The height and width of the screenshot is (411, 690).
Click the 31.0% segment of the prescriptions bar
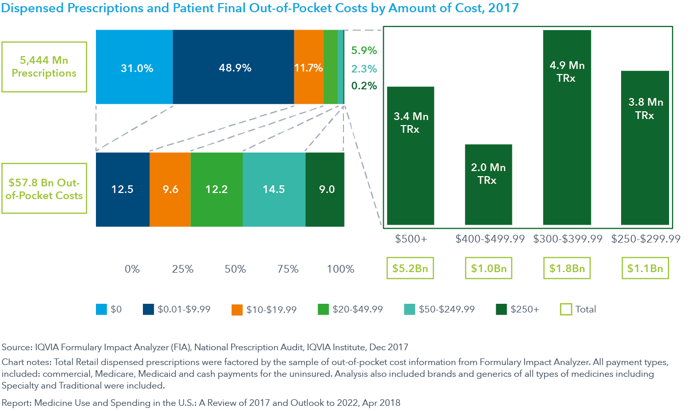(134, 67)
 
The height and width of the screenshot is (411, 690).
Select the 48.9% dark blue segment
(233, 67)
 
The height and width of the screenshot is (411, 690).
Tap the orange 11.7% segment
(308, 67)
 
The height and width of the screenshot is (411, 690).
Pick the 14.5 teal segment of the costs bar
(274, 189)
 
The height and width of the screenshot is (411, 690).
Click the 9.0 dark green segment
(325, 189)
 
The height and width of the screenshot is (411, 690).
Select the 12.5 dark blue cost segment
(122, 189)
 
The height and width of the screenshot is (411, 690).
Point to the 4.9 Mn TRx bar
(566, 127)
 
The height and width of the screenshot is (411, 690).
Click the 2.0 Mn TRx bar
(488, 184)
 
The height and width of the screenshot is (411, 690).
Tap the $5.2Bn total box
(410, 269)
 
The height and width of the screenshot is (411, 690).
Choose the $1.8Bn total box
(567, 269)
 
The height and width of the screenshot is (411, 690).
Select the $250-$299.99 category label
(645, 239)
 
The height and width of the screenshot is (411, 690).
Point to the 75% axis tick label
(287, 269)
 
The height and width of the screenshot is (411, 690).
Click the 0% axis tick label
(132, 269)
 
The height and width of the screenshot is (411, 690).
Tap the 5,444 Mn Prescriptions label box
(44, 67)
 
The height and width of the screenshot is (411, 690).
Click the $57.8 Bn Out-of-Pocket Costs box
(44, 189)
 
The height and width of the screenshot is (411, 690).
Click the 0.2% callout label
(364, 86)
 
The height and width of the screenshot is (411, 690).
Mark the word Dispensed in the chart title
(32, 9)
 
